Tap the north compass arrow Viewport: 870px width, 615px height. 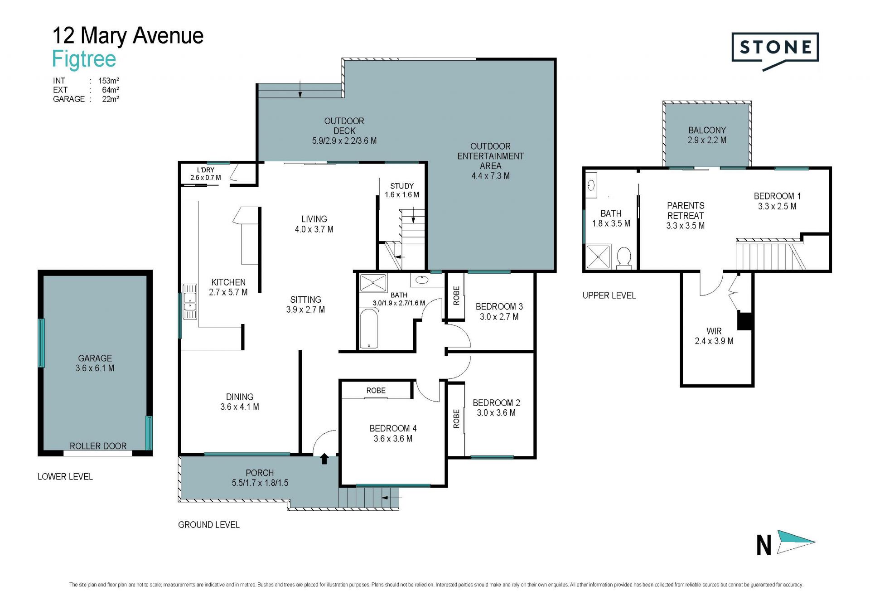[796, 542]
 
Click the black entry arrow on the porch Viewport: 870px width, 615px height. [324, 459]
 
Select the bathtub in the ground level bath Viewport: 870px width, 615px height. [369, 329]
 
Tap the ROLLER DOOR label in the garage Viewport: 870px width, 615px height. [98, 446]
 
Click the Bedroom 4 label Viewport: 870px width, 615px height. [393, 428]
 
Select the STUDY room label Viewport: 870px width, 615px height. [402, 186]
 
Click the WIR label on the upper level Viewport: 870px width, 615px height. [714, 331]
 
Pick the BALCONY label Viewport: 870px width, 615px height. [707, 130]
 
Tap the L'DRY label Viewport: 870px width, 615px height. [205, 170]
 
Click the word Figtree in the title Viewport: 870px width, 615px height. [84, 59]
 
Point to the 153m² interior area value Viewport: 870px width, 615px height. [109, 81]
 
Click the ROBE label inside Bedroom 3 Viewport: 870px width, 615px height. [456, 295]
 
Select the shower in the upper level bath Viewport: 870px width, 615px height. [598, 257]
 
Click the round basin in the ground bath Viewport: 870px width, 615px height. [422, 280]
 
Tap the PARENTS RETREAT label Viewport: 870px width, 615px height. [686, 211]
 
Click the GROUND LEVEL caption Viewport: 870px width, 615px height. [208, 524]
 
